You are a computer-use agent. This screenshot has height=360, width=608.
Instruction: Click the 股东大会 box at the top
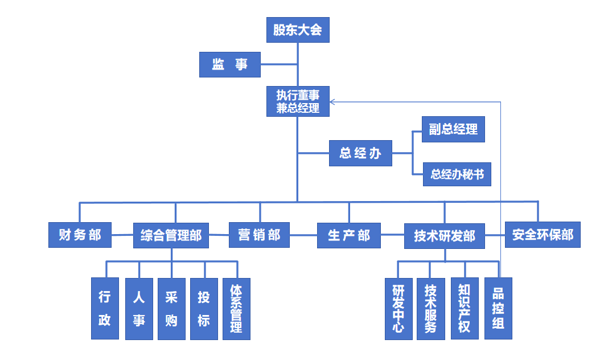pyautogui.click(x=298, y=30)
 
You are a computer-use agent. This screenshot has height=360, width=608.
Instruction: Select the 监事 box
pyautogui.click(x=230, y=64)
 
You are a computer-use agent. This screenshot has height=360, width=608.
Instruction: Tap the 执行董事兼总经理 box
pyautogui.click(x=298, y=101)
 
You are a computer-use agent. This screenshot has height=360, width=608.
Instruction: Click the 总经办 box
pyautogui.click(x=360, y=153)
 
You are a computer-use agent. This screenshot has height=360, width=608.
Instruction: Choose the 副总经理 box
pyautogui.click(x=453, y=129)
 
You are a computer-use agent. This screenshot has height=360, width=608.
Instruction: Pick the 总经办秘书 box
pyautogui.click(x=457, y=174)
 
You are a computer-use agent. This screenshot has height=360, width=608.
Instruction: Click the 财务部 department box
pyautogui.click(x=80, y=235)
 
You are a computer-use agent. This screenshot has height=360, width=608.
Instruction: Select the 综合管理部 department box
pyautogui.click(x=171, y=235)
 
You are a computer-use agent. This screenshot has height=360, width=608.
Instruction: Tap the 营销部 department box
pyautogui.click(x=259, y=235)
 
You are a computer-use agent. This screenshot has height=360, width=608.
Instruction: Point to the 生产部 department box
pyautogui.click(x=349, y=235)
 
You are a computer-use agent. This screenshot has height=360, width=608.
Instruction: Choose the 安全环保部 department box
pyautogui.click(x=543, y=235)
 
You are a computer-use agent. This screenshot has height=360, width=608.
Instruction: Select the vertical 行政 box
pyautogui.click(x=105, y=308)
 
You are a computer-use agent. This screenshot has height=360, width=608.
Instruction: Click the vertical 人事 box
pyautogui.click(x=139, y=308)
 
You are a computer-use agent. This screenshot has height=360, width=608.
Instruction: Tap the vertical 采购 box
pyautogui.click(x=171, y=308)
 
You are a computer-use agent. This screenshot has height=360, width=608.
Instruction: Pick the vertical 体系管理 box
pyautogui.click(x=236, y=308)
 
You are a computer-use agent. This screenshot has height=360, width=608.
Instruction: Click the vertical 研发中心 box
pyautogui.click(x=399, y=308)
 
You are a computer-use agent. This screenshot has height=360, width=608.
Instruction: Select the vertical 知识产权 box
pyautogui.click(x=464, y=308)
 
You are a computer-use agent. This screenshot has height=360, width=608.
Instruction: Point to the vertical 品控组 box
pyautogui.click(x=498, y=308)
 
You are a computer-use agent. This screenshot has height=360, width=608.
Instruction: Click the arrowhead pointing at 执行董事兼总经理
pyautogui.click(x=333, y=102)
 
